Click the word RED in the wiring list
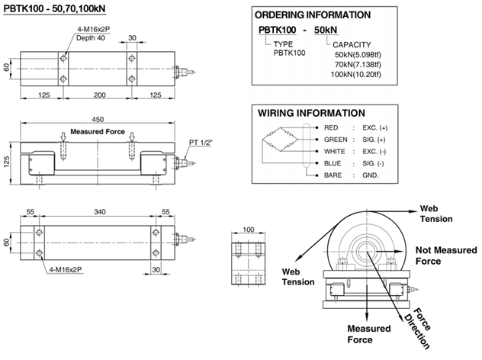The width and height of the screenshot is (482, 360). pyautogui.click(x=330, y=127)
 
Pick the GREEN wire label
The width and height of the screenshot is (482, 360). pyautogui.click(x=336, y=140)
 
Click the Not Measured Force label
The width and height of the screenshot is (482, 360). pyautogui.click(x=445, y=255)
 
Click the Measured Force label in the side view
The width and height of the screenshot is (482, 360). pyautogui.click(x=98, y=131)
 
